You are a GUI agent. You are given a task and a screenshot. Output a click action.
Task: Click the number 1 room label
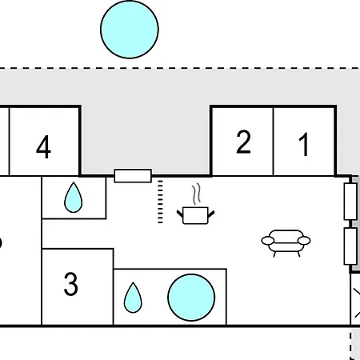coord(303,145)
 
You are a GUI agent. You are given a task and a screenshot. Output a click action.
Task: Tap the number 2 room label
coord(243,142)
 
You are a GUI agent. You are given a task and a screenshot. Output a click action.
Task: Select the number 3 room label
coord(71,285)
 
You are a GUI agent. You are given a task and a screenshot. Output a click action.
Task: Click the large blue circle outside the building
coord(129,29)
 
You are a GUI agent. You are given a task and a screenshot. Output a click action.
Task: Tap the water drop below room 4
coord(73,197)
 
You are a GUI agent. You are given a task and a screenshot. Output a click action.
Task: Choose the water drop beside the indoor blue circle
coord(131,298)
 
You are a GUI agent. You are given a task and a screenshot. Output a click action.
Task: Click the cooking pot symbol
coord(195,214)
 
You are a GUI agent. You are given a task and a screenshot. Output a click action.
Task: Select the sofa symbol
coord(286,241)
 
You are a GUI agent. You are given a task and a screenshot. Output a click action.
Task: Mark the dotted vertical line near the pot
coord(160,202)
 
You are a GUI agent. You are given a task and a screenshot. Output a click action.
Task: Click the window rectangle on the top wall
coord(133,175)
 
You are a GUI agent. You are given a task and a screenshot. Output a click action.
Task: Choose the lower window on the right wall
coord(350,246)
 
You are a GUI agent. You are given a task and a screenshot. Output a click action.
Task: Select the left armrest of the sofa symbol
coord(266,240)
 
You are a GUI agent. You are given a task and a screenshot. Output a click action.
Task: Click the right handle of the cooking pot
coord(210,211)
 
